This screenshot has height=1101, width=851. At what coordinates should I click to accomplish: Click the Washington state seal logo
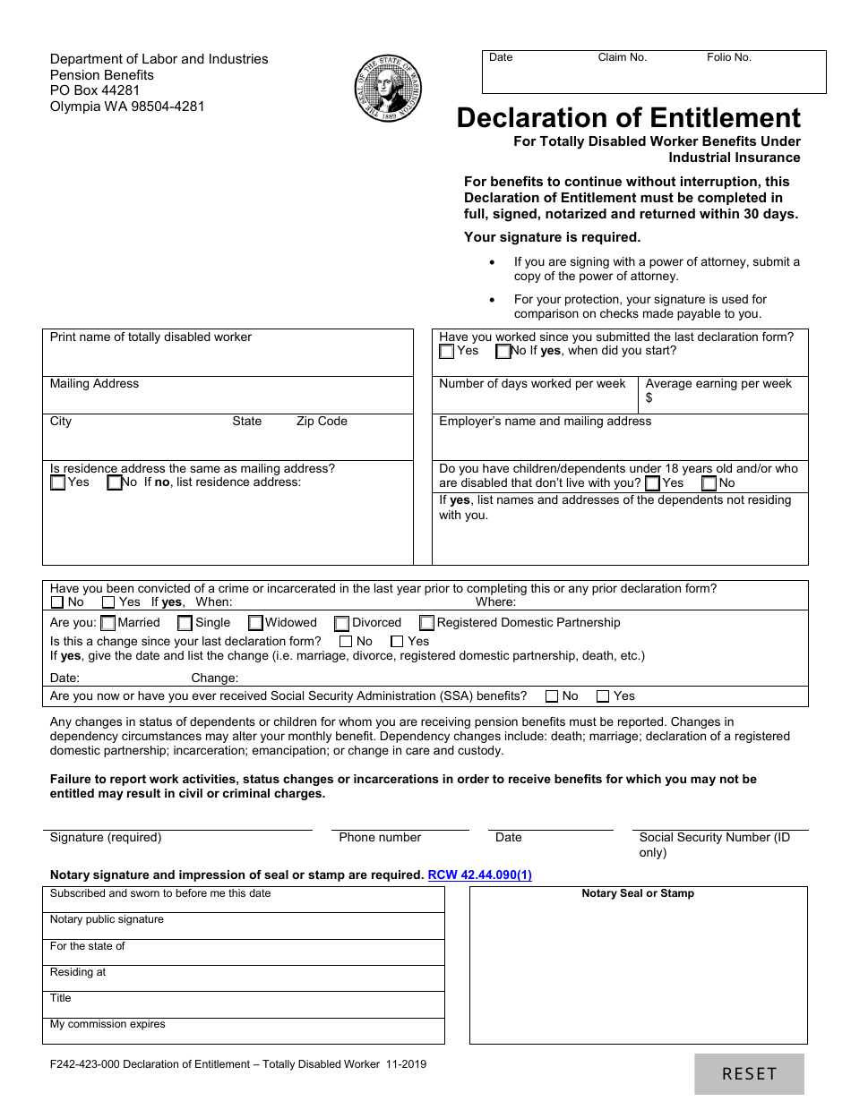(387, 90)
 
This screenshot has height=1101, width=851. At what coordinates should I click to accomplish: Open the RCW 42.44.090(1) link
(479, 875)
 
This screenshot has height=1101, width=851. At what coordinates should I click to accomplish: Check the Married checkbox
(108, 623)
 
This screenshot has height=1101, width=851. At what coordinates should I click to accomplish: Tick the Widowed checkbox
(255, 623)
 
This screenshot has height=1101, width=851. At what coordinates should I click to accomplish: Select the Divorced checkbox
(342, 623)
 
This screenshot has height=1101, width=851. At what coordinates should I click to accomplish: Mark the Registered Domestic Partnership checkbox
(427, 623)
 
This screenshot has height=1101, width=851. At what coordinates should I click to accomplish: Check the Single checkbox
(185, 623)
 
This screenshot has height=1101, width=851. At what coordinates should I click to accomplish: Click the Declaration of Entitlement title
(628, 118)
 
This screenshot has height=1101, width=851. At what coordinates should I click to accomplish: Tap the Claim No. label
(622, 57)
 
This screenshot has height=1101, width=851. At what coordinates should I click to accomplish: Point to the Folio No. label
(728, 57)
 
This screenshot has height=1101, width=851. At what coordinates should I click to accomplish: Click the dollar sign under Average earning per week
(649, 397)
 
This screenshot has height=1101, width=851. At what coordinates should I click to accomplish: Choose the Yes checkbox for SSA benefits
(603, 696)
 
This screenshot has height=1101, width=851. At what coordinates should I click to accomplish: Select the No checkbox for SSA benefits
(552, 696)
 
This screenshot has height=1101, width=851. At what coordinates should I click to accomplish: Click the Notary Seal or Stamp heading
(638, 893)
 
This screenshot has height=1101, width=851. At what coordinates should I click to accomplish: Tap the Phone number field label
(380, 838)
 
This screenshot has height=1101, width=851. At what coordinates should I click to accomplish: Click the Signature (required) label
(106, 838)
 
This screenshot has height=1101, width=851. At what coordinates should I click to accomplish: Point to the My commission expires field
(243, 1030)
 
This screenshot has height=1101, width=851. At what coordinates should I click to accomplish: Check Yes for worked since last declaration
(447, 352)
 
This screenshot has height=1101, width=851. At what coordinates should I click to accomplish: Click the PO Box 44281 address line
(95, 90)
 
